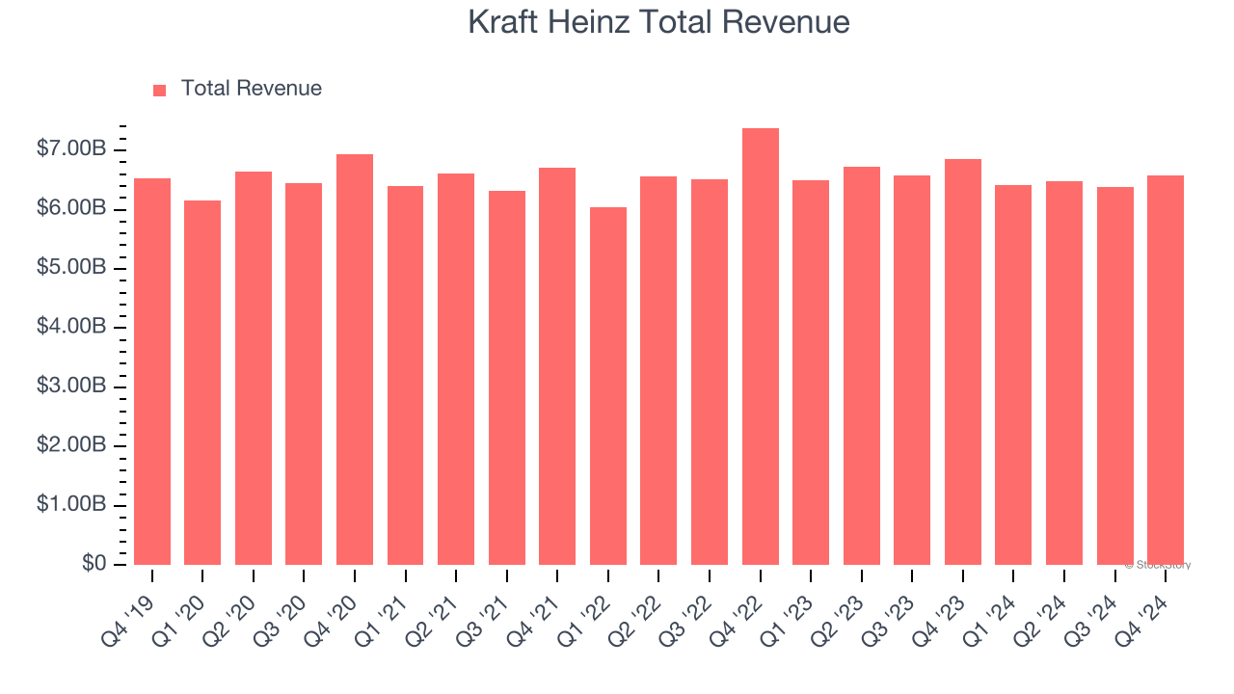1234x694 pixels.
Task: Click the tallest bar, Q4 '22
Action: [760, 347]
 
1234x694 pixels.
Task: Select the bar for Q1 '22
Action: [608, 386]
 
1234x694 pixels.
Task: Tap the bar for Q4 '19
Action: [152, 371]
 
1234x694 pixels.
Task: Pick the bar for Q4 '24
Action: [1166, 370]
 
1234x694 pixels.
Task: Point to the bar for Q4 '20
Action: [355, 360]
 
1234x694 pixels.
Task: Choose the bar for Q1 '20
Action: [202, 383]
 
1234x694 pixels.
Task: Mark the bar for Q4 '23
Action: [963, 361]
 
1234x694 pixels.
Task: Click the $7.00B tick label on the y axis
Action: [71, 149]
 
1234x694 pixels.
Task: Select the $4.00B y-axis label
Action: [71, 328]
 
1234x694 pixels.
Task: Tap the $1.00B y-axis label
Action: [71, 505]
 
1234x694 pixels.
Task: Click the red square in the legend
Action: [160, 90]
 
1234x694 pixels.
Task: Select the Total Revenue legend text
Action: [251, 89]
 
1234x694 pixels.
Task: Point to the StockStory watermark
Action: [1157, 565]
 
